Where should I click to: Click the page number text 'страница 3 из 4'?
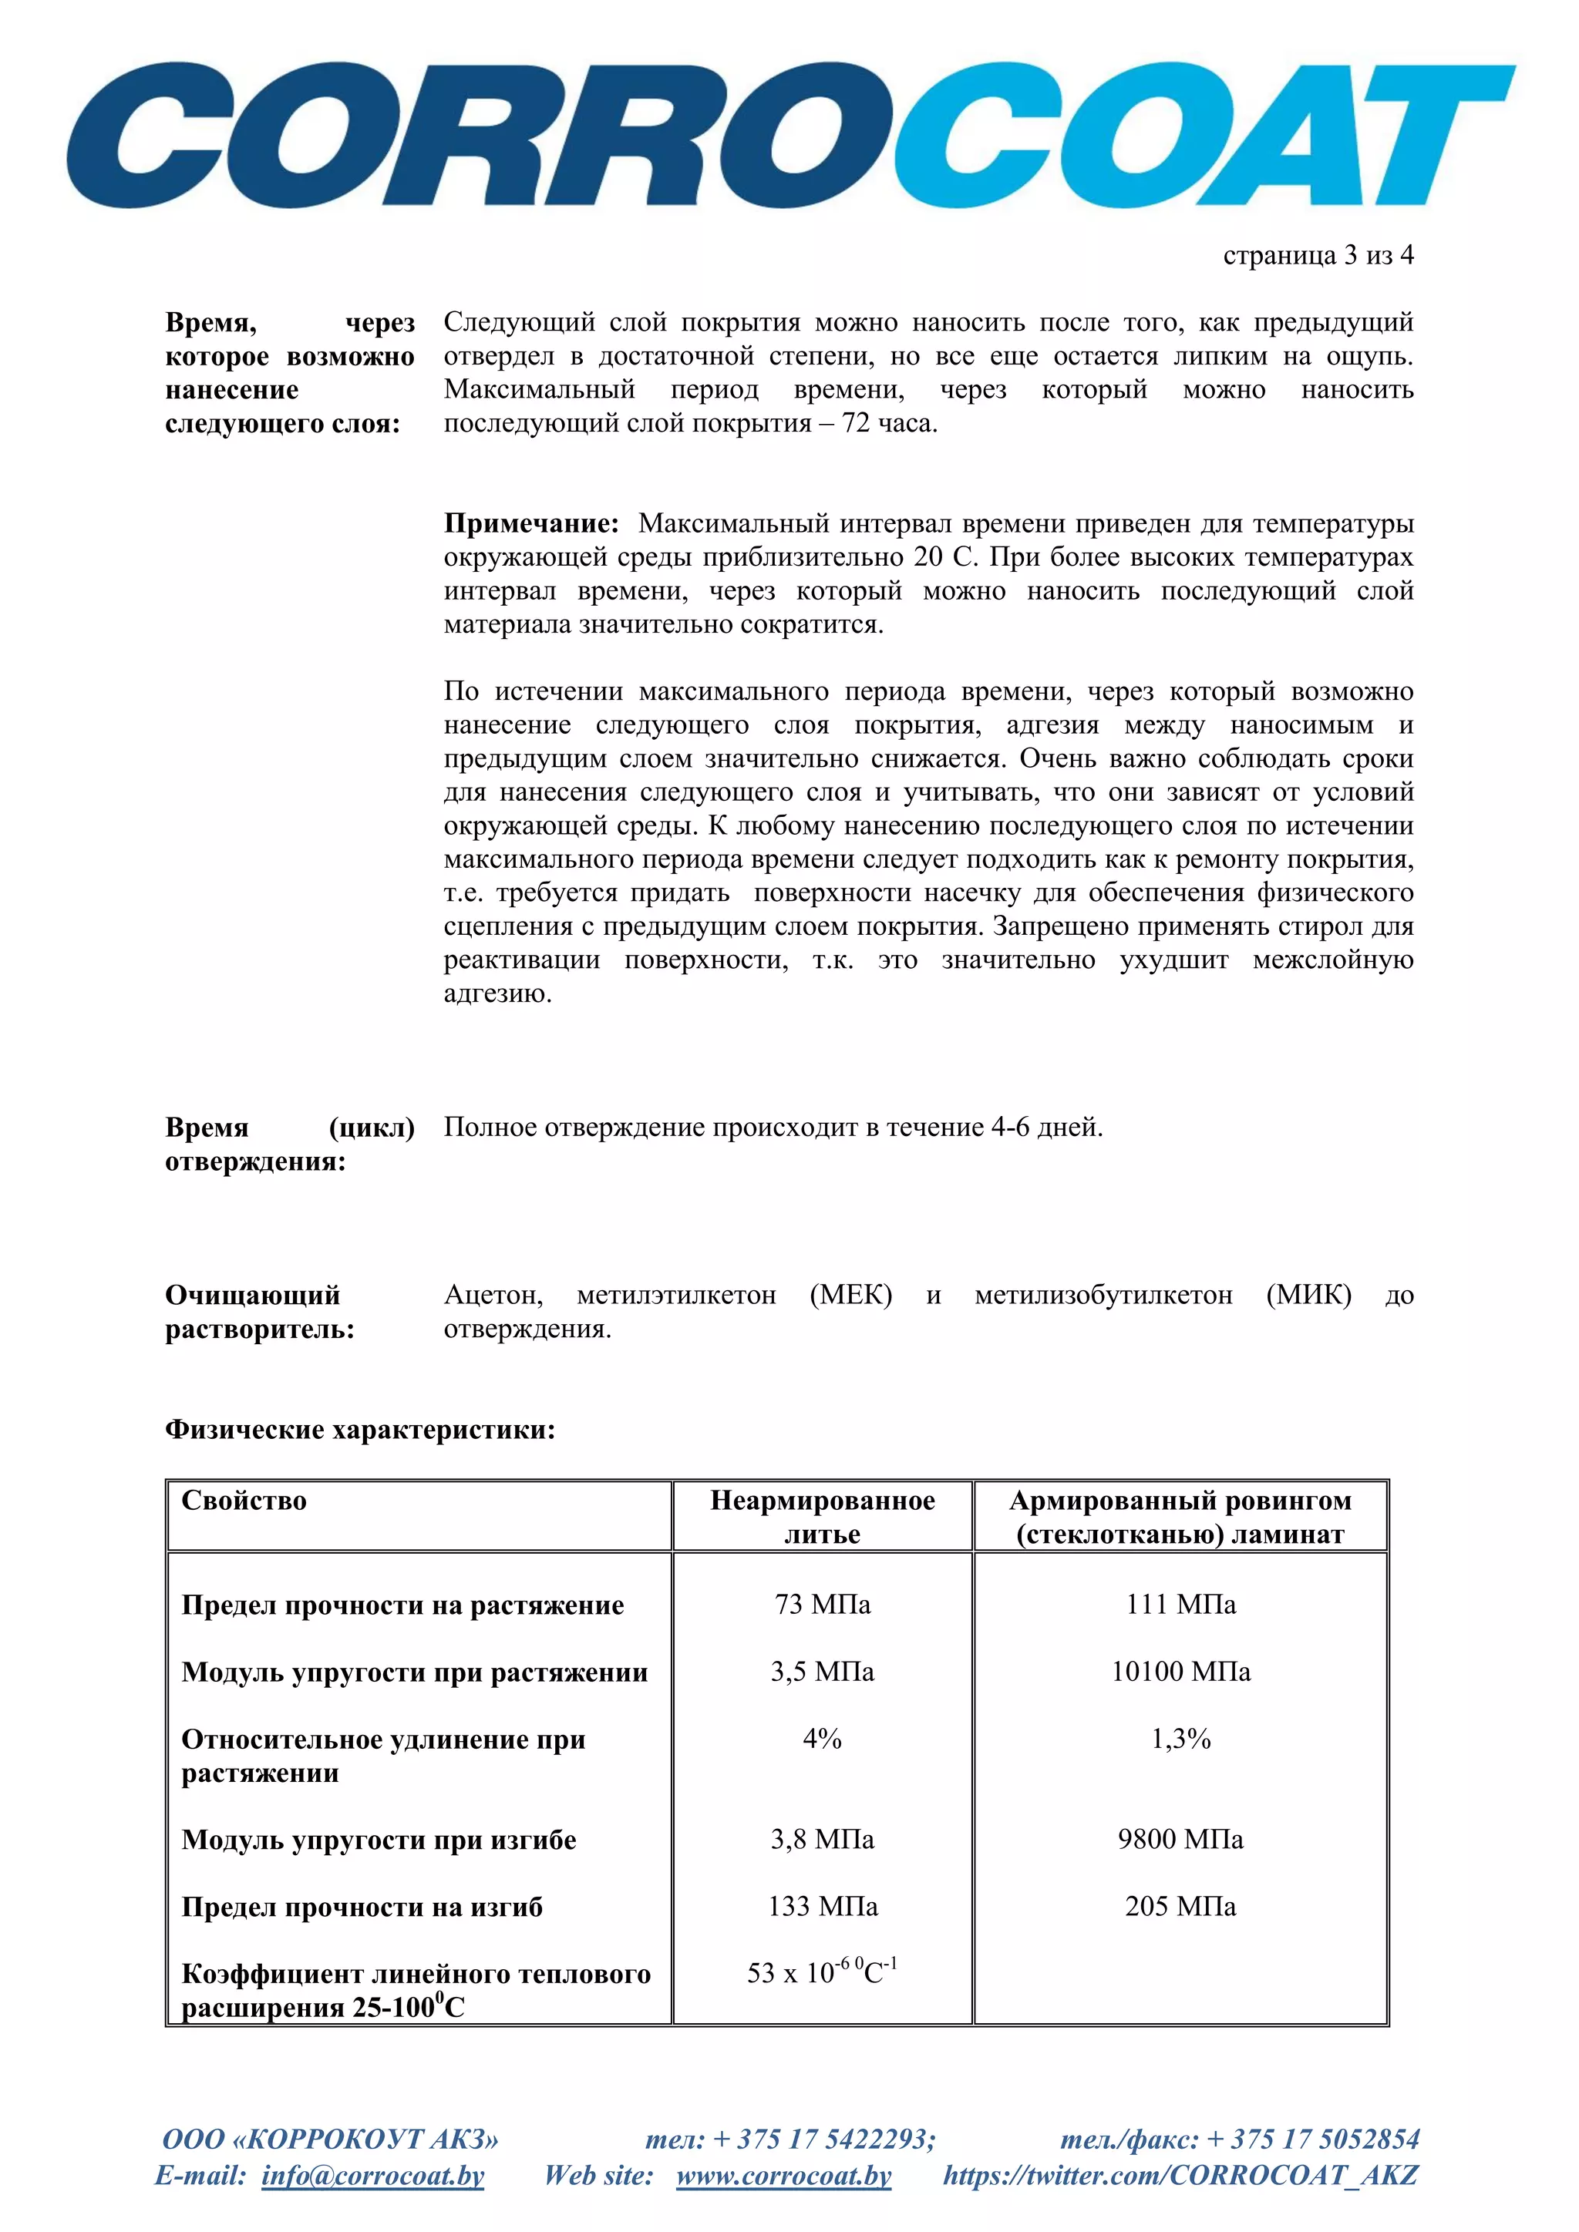coord(1318,256)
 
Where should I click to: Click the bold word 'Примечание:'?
coord(531,524)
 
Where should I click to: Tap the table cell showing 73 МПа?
coord(822,1604)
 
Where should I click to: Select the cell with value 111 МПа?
coord(1180,1604)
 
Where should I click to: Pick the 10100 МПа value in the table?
coord(1180,1671)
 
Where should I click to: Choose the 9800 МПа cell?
coord(1180,1838)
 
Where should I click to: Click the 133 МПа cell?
coord(822,1905)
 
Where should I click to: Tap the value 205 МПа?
coord(1180,1905)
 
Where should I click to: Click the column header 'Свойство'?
coord(244,1501)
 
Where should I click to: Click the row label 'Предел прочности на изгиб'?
coord(362,1908)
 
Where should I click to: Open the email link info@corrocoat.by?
coord(372,2175)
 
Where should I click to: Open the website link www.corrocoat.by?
coord(783,2175)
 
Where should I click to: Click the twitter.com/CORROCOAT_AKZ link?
coord(1180,2175)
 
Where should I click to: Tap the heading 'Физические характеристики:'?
coord(360,1429)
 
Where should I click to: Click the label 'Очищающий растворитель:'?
coord(260,1312)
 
